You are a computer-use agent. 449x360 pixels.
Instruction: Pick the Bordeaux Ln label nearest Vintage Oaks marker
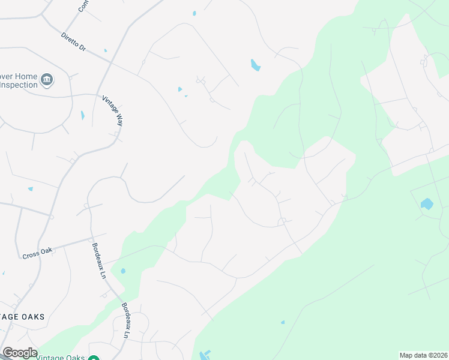(x=128, y=318)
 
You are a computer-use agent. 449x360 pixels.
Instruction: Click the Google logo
(x=19, y=353)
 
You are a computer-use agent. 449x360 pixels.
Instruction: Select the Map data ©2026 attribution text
(x=423, y=355)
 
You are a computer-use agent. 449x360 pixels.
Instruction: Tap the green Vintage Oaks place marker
(x=94, y=358)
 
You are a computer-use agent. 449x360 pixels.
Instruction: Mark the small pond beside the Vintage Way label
(x=83, y=115)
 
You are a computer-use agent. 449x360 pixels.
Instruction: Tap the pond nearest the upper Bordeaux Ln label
(x=123, y=271)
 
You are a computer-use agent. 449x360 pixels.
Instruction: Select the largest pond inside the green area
(x=427, y=204)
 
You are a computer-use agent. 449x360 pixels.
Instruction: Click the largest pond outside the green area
(x=255, y=65)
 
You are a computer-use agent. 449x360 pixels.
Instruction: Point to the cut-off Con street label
(x=82, y=6)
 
